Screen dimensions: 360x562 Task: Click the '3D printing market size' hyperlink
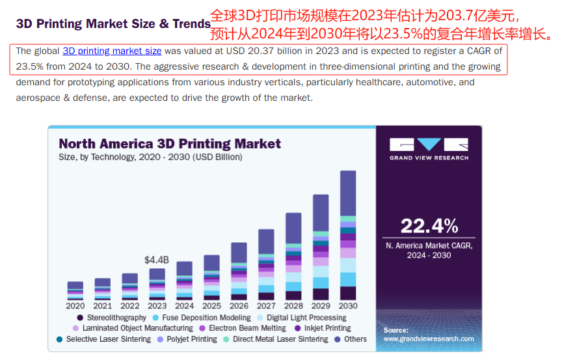click(x=112, y=51)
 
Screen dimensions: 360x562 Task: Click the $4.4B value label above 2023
click(x=157, y=260)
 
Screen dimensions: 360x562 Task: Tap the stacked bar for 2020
click(x=75, y=290)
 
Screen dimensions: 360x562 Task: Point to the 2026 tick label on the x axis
click(x=239, y=305)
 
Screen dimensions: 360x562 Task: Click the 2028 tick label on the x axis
click(x=293, y=305)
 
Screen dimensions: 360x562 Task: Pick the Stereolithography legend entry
click(x=111, y=318)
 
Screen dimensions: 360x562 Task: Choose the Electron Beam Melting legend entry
click(x=247, y=328)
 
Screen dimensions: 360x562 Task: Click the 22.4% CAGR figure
click(x=429, y=226)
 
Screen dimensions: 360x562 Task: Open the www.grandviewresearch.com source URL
click(x=429, y=339)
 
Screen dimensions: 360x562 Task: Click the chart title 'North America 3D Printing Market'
click(x=170, y=144)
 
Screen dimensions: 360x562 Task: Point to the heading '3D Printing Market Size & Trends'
click(x=113, y=24)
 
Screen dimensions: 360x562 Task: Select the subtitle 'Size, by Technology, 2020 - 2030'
click(x=150, y=157)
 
